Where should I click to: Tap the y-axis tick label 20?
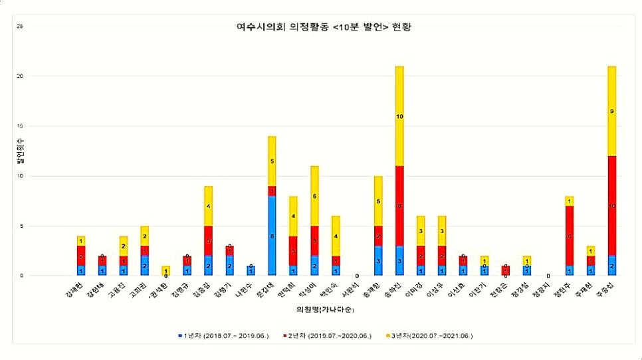tap(20, 76)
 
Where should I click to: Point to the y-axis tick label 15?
tap(20, 126)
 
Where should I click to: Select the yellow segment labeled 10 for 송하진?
tap(399, 116)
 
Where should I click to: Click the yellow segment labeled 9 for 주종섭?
tap(611, 111)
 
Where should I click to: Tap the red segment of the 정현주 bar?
tap(569, 236)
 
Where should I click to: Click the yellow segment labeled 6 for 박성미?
tap(314, 195)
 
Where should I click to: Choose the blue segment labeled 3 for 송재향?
tap(378, 260)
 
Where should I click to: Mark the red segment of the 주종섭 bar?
tap(611, 205)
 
